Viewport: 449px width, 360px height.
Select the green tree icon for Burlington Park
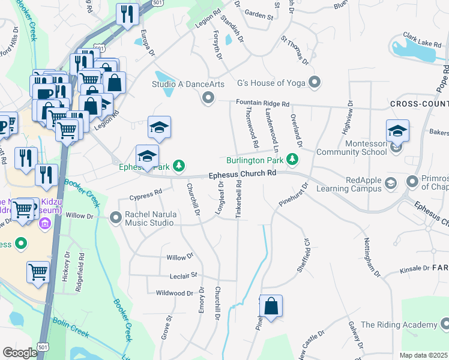(x=292, y=160)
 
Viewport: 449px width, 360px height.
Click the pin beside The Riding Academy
(x=444, y=325)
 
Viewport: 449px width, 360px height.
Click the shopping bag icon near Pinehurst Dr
(x=271, y=306)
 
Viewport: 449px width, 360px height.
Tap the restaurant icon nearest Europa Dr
(x=127, y=14)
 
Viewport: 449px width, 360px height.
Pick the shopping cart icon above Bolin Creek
(x=38, y=272)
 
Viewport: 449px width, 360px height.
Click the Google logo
(x=20, y=353)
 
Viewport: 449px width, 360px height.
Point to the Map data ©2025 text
(x=423, y=355)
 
